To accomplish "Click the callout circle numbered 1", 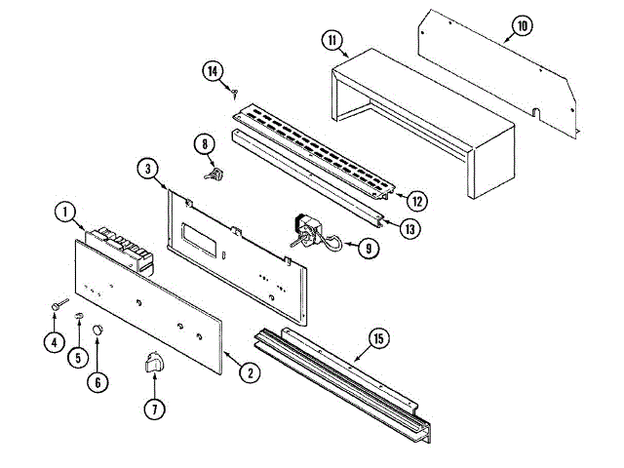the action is coord(64,211).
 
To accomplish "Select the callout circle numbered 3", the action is coord(145,169).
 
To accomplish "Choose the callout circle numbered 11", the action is coord(332,40).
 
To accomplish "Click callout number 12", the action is coord(416,202).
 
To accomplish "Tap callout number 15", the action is coord(377,338).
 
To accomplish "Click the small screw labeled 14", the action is coord(236,92).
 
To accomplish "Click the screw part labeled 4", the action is coord(58,307).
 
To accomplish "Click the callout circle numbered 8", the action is coord(205,145).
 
